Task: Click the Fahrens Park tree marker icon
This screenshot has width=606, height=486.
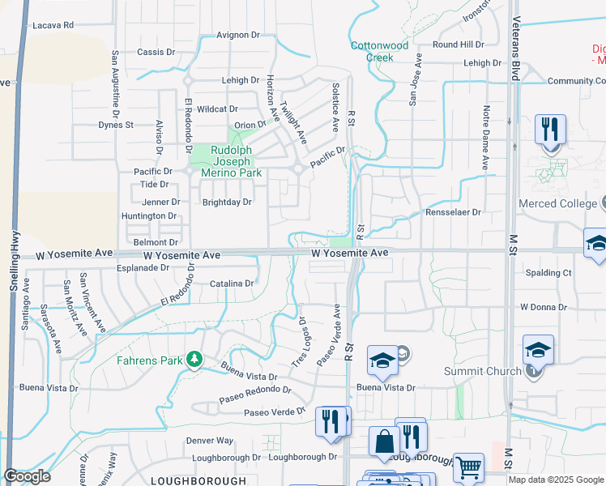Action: pyautogui.click(x=194, y=359)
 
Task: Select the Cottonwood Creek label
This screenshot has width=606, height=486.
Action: pyautogui.click(x=379, y=52)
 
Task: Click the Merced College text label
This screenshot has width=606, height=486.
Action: pyautogui.click(x=561, y=203)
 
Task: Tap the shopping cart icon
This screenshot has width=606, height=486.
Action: pyautogui.click(x=467, y=467)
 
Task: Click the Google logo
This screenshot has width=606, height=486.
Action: pyautogui.click(x=28, y=476)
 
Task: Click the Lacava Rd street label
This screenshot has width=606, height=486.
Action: pyautogui.click(x=53, y=25)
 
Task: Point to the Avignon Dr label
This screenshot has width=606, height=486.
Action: pyautogui.click(x=237, y=36)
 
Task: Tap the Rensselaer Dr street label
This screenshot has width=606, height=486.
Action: pyautogui.click(x=454, y=212)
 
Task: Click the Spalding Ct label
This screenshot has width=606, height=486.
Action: pyautogui.click(x=548, y=273)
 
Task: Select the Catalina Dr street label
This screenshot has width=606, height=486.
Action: pyautogui.click(x=232, y=283)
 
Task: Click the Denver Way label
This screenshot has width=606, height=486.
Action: pyautogui.click(x=209, y=440)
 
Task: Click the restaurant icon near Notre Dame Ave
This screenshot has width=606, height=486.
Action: pyautogui.click(x=550, y=130)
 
